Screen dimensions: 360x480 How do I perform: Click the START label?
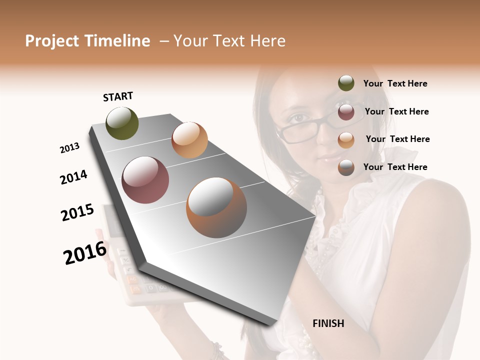click(x=118, y=96)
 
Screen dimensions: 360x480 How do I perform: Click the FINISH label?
click(x=328, y=323)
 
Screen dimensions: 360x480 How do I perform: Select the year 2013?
click(x=70, y=148)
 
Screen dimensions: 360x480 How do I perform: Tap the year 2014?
click(x=74, y=177)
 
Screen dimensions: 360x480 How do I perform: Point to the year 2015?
click(x=77, y=212)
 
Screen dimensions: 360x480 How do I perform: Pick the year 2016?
click(x=85, y=253)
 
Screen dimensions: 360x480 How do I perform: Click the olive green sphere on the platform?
click(x=122, y=123)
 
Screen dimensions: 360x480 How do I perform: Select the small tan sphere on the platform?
click(x=189, y=140)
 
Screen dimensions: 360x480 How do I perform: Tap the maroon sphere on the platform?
click(x=145, y=180)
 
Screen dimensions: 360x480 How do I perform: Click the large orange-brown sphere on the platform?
click(x=216, y=207)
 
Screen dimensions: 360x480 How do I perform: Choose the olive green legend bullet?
click(x=346, y=83)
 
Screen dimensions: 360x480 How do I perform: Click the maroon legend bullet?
click(x=346, y=111)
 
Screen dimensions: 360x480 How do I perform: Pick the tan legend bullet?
click(x=346, y=139)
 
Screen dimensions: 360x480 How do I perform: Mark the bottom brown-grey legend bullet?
click(x=346, y=167)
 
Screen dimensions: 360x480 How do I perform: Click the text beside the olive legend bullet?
click(x=395, y=84)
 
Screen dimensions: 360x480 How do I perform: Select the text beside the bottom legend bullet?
click(x=395, y=167)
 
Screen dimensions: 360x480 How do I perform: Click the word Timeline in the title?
click(x=116, y=41)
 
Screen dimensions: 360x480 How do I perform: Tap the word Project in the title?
click(x=51, y=41)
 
